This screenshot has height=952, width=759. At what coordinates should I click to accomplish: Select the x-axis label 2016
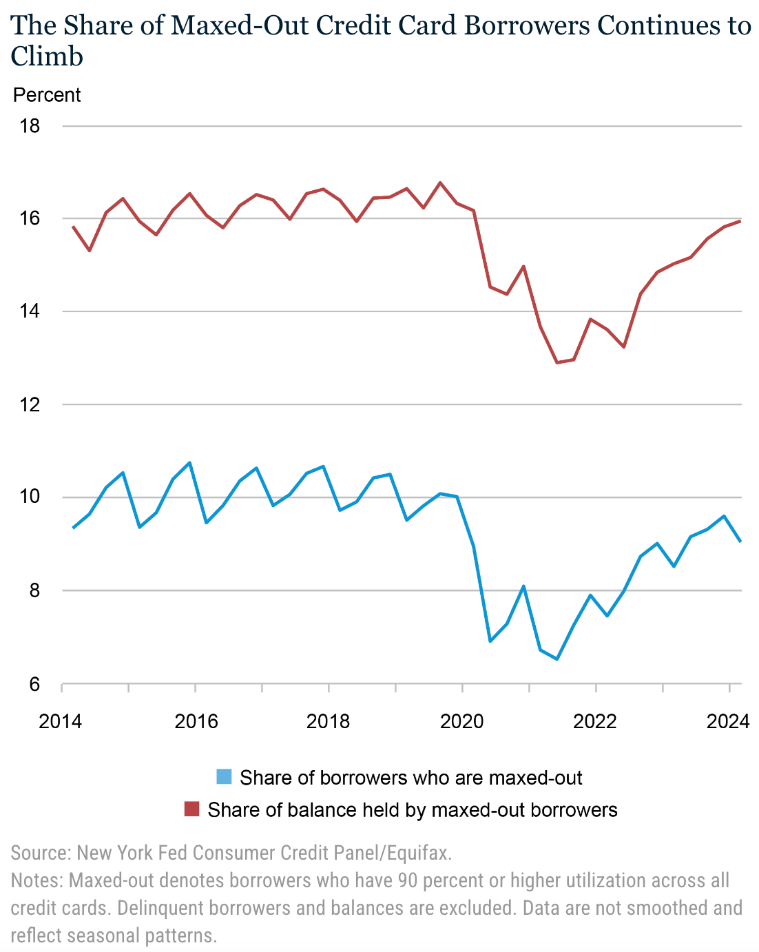196,721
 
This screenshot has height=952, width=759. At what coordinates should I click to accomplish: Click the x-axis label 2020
462,721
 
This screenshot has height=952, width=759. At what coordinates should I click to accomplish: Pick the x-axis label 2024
727,721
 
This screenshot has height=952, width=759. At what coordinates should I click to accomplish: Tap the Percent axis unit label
47,95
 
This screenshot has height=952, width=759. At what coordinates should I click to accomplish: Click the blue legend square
224,777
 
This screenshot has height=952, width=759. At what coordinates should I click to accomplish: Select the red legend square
191,809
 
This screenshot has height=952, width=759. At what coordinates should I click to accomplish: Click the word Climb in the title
47,56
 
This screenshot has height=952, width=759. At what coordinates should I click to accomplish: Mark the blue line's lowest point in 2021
557,659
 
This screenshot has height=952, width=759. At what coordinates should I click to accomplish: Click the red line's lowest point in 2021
557,362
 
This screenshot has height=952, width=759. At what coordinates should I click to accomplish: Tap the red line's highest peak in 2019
440,183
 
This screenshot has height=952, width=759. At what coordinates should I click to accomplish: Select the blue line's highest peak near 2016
190,463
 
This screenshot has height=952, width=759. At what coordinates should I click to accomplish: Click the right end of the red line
740,220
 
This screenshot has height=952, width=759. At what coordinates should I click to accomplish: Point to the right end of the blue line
740,541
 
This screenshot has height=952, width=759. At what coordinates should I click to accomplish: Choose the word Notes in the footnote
35,880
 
